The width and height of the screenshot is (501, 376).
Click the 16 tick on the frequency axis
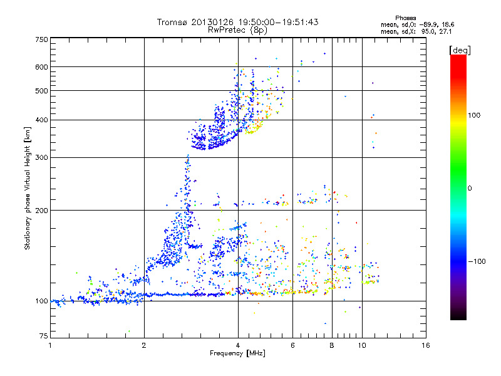[426, 346]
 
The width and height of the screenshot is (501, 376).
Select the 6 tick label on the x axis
[293, 346]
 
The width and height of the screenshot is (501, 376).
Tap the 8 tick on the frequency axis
[332, 346]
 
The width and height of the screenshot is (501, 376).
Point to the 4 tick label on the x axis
[238, 346]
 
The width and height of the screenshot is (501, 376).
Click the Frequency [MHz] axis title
[237, 354]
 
